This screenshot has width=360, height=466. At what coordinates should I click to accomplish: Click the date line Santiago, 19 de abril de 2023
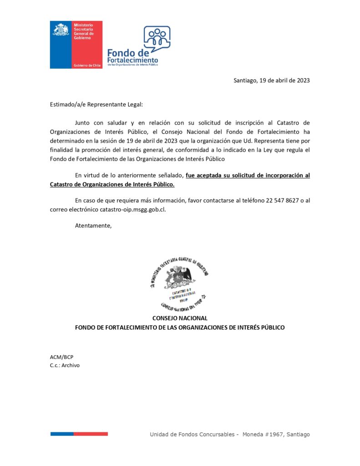click(271, 81)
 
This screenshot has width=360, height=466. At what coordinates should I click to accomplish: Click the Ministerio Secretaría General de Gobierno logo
click(76, 44)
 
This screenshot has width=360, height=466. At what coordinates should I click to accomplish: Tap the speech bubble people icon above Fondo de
click(157, 37)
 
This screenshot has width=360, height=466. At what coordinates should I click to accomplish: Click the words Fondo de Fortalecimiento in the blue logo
click(132, 57)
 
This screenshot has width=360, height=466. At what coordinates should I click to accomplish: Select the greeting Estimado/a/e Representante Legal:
click(96, 104)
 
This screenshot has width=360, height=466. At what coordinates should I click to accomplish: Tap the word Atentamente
click(93, 225)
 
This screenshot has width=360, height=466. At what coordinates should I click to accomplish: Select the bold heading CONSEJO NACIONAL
click(180, 318)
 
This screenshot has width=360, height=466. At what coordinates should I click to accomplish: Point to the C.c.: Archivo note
click(65, 365)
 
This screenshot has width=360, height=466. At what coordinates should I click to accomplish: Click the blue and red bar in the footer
click(79, 434)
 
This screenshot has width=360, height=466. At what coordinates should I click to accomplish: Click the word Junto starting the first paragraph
click(83, 122)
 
